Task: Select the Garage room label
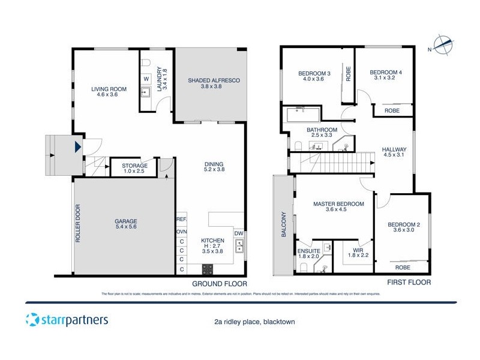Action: point(126,224)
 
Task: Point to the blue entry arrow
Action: point(77,146)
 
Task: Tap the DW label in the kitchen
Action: point(238,233)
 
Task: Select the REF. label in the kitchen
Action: point(181,220)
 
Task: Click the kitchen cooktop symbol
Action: point(208,269)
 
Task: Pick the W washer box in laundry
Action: point(146,79)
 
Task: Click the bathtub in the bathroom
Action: point(304,114)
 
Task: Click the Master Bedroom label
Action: point(338,207)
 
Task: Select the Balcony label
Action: point(284,225)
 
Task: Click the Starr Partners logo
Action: point(67,319)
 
